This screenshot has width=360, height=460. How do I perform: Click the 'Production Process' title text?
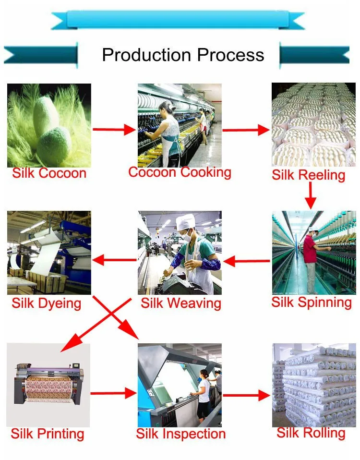(183, 55)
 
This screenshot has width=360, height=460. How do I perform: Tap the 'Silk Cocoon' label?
(49, 173)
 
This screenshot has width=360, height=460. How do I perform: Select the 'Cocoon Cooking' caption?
(180, 172)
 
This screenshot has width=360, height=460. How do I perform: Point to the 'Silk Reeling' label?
(309, 175)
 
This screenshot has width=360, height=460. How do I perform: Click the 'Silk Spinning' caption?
(312, 303)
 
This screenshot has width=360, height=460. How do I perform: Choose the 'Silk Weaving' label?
(181, 303)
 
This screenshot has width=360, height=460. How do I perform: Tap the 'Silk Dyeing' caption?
(46, 303)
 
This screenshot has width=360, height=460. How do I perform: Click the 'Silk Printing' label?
(48, 434)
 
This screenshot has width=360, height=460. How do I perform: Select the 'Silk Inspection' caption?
(181, 434)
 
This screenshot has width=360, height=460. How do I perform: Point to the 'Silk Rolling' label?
(311, 433)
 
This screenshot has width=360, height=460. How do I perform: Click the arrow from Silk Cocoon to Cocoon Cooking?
(115, 129)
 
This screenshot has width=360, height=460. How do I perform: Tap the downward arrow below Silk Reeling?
(311, 195)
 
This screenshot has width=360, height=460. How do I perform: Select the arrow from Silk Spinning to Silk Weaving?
(247, 261)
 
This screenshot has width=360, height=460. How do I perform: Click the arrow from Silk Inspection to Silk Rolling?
(247, 395)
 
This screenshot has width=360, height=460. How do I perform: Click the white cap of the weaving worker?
(186, 221)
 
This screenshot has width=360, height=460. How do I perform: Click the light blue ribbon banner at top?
(178, 20)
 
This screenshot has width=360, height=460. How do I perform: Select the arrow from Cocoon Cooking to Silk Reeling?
(246, 130)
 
